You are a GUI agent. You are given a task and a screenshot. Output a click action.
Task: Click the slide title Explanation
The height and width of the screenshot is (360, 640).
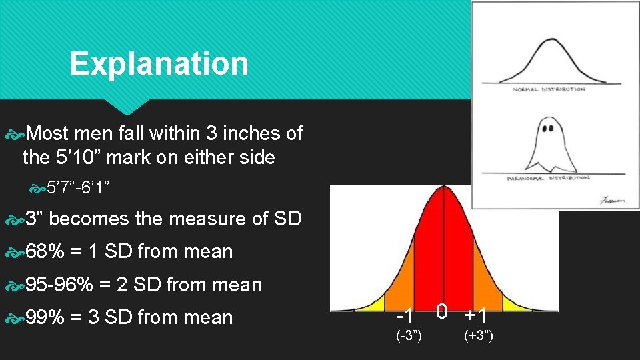click(x=159, y=64)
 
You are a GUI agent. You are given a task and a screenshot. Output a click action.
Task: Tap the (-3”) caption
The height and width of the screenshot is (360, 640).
click(x=409, y=336)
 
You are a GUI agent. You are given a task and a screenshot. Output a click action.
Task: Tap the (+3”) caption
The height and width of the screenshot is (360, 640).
click(x=479, y=336)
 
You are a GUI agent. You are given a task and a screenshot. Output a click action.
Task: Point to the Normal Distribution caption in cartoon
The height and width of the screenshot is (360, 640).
click(x=549, y=89)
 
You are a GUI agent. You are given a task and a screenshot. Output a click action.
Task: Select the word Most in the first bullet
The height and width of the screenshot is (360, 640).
click(x=49, y=134)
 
